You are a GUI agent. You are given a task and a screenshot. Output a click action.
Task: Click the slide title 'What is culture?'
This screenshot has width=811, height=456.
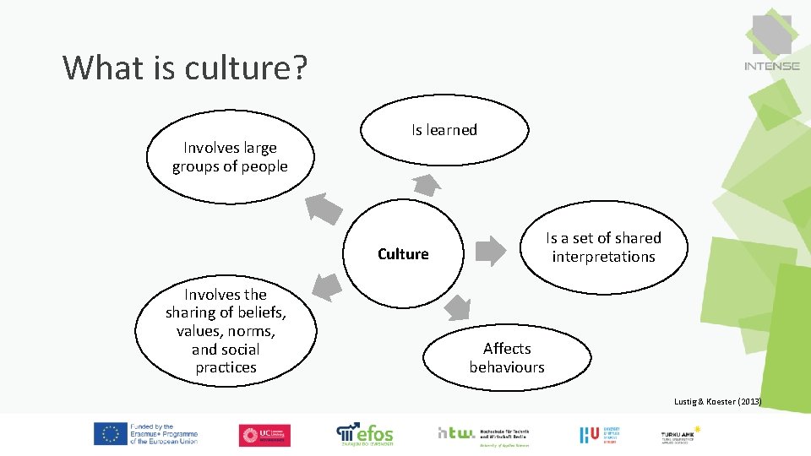pos(184,67)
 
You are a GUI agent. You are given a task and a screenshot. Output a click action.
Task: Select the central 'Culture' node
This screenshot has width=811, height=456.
pos(403,254)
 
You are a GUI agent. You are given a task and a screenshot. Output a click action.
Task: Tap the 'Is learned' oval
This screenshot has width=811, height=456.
pos(444,130)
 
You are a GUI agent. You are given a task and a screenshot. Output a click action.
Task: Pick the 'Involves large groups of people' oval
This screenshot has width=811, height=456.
pos(230,157)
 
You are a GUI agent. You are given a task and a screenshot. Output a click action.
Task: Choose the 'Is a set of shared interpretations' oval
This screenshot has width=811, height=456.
pos(603,247)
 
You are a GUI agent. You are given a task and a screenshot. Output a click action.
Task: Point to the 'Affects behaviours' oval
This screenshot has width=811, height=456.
pos(507,357)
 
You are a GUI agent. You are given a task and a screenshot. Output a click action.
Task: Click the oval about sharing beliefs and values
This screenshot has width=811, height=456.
pos(226,331)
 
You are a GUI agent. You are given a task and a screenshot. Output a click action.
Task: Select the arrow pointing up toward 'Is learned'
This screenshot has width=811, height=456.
pos(427,184)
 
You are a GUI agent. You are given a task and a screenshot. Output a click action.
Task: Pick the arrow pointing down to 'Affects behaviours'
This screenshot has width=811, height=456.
pos(457,307)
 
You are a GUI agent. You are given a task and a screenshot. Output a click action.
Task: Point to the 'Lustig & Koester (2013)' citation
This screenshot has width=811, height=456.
pos(717,402)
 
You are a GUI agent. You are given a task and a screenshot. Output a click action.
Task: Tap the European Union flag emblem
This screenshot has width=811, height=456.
pos(110,434)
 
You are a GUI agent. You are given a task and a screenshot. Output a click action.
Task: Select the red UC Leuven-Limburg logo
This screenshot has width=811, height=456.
pos(264,435)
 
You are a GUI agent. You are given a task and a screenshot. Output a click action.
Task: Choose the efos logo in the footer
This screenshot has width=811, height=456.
pos(365,434)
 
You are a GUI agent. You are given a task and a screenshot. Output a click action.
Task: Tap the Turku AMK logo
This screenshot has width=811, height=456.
pos(680,434)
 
